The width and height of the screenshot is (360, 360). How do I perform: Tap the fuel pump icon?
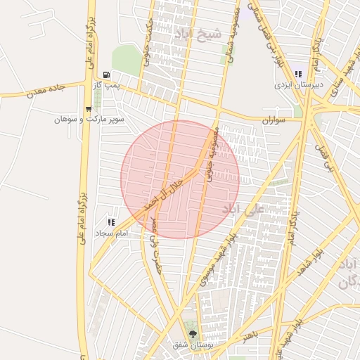tap(106, 75)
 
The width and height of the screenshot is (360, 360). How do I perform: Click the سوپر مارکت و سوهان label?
tap(89, 119)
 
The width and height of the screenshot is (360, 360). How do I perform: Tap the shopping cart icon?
tap(88, 109)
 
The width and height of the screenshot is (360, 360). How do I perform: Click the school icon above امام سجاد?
tap(110, 221)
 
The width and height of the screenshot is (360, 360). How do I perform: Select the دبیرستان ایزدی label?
tap(298, 84)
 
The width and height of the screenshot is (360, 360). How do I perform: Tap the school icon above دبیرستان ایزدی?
tap(299, 74)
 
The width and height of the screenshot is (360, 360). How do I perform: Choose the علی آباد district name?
tap(240, 209)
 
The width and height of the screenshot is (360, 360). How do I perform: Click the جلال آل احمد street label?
tap(163, 193)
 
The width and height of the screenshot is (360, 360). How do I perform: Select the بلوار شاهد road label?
tap(310, 262)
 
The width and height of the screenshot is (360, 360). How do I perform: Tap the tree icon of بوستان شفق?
tap(193, 333)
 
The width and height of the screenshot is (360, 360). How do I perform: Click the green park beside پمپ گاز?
tap(126, 59)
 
